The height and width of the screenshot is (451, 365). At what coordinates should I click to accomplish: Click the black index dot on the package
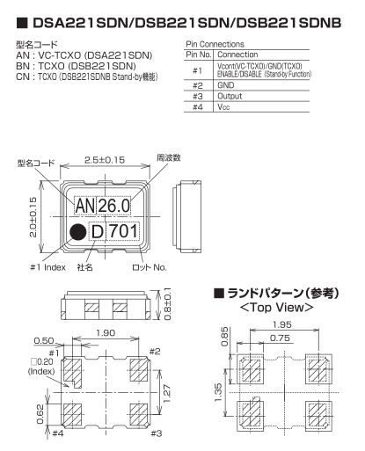77,232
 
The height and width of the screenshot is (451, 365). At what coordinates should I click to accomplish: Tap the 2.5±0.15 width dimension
105,160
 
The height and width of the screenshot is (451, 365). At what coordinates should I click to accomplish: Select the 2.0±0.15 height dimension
33,217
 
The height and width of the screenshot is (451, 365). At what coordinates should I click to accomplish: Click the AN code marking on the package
84,206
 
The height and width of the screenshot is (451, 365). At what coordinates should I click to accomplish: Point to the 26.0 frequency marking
113,206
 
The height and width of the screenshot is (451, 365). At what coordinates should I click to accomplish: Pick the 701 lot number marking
123,231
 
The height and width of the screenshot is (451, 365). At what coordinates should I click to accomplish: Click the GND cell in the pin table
226,85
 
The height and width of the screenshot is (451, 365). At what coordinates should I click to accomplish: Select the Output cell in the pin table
230,96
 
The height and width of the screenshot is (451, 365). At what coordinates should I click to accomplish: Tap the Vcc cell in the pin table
223,107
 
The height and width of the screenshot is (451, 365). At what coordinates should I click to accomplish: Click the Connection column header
237,55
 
